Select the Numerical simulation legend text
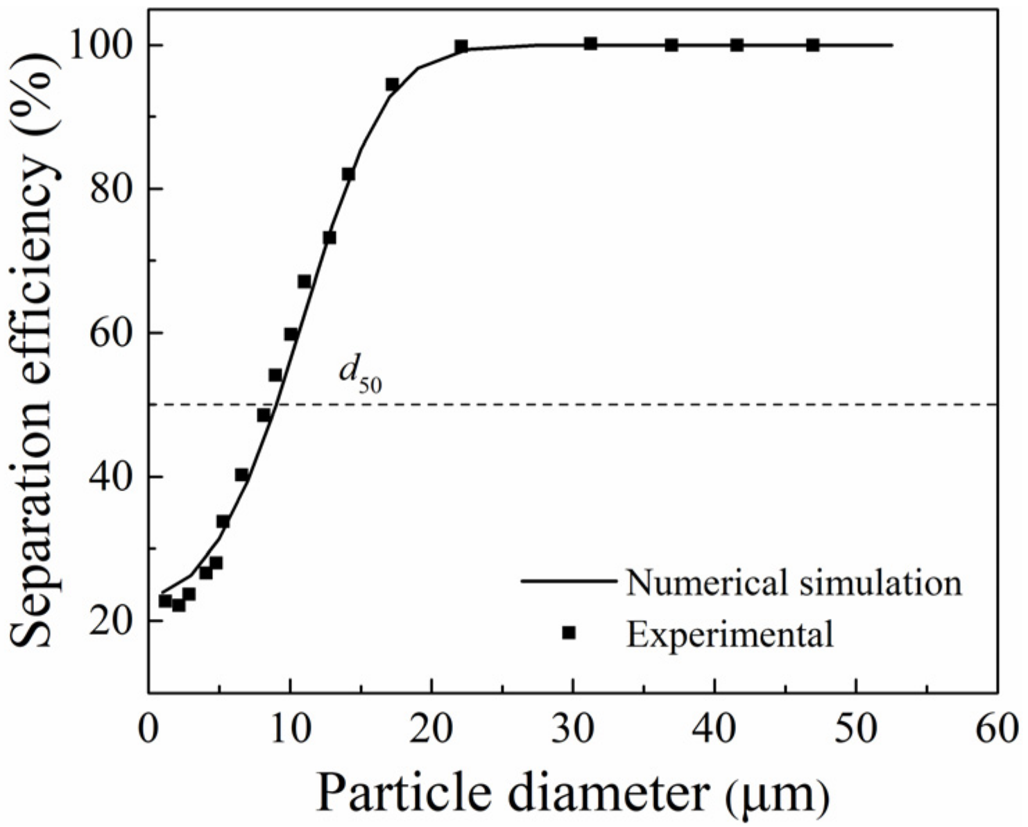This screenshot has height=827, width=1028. tap(794, 582)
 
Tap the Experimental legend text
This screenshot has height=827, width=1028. tap(730, 633)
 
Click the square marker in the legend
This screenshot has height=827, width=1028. tap(569, 632)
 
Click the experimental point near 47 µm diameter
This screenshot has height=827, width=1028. tap(813, 45)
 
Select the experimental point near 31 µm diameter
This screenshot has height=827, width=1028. tap(590, 44)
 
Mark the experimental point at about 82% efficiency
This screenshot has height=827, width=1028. tap(348, 174)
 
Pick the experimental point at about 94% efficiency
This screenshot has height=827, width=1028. tap(392, 84)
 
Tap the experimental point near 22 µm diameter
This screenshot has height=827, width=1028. tap(461, 46)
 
